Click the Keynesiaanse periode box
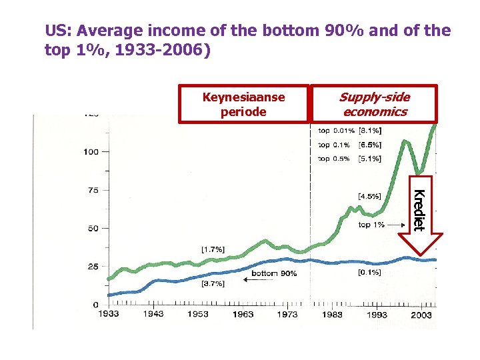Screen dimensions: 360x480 pyautogui.click(x=243, y=104)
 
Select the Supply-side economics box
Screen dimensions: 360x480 pyautogui.click(x=374, y=104)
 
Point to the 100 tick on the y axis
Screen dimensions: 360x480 pyautogui.click(x=91, y=152)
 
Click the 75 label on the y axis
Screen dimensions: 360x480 pyautogui.click(x=93, y=190)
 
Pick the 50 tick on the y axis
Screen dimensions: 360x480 pyautogui.click(x=93, y=229)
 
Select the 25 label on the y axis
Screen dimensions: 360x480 pyautogui.click(x=93, y=267)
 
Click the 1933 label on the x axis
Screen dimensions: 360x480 pyautogui.click(x=109, y=314)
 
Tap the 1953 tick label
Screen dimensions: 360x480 pyautogui.click(x=198, y=314)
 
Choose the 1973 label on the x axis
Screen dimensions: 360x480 pyautogui.click(x=287, y=314)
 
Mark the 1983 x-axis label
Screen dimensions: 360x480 pyautogui.click(x=331, y=314)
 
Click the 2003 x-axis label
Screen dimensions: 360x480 pyautogui.click(x=420, y=314)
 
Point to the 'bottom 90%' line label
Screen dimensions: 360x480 pyautogui.click(x=275, y=273)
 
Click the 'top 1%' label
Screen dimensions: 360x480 pyautogui.click(x=371, y=225)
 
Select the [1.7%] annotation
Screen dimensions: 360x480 pyautogui.click(x=213, y=249)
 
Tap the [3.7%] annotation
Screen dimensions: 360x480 pyautogui.click(x=213, y=284)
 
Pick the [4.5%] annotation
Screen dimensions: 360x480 pyautogui.click(x=369, y=196)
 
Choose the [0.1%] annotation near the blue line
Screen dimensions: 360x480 pyautogui.click(x=369, y=272)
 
